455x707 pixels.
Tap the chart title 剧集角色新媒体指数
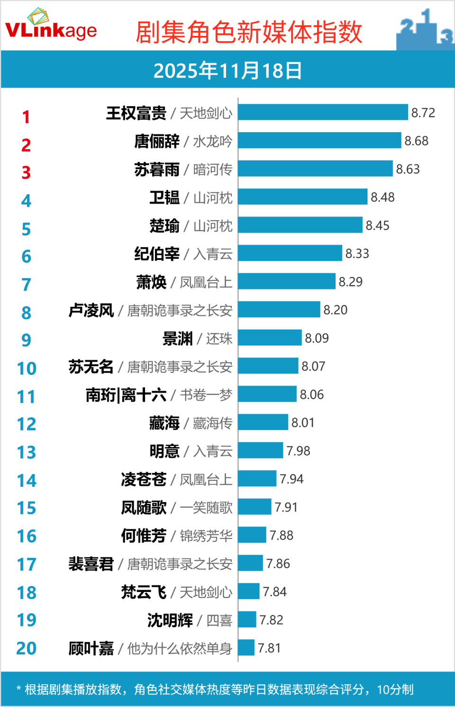249,32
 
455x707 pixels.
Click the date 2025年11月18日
227,71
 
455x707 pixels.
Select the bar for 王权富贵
322,112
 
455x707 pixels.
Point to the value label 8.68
416,141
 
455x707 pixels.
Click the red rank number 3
26,172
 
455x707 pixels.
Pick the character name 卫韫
164,197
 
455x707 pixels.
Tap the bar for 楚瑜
300,225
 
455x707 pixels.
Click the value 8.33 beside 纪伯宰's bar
357,253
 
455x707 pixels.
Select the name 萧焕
151,282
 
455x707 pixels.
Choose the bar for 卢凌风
279,310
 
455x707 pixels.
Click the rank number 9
26,340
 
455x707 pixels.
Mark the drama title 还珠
219,339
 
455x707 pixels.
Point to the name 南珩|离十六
126,395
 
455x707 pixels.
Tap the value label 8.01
303,422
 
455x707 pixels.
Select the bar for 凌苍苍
257,478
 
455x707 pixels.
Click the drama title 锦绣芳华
206,536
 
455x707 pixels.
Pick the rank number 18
27,592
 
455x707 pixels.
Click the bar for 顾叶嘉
246,647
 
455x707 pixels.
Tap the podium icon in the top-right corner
425,29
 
